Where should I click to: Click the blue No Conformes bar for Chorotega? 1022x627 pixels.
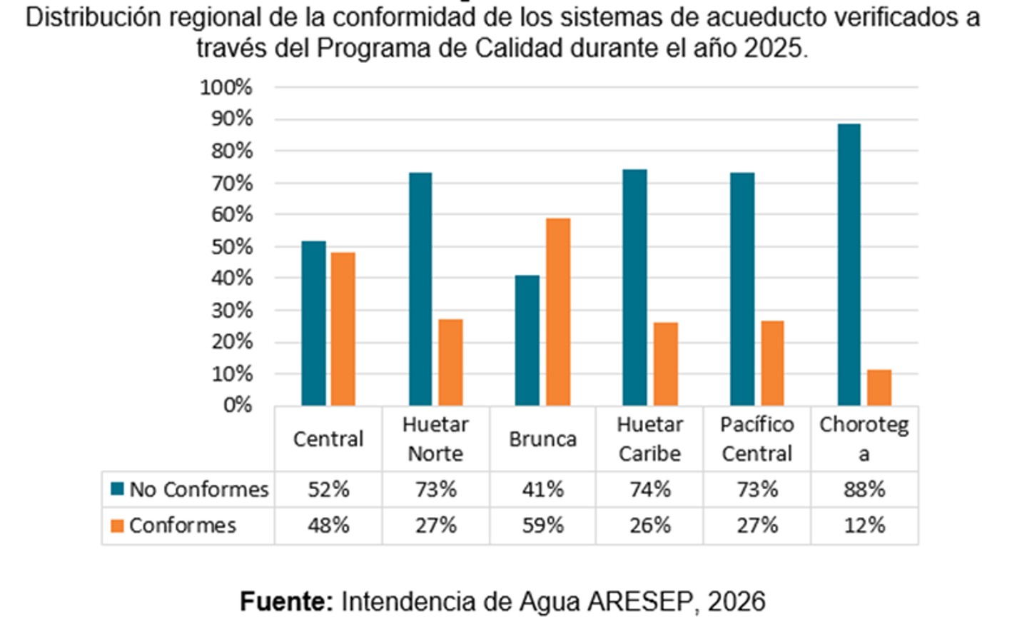[849, 264]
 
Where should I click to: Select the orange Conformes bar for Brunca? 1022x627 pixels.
[558, 312]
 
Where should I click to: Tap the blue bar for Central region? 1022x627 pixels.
[313, 323]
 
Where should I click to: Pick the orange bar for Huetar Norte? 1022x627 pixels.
[450, 362]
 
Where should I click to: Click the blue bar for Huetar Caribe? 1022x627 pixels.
[634, 287]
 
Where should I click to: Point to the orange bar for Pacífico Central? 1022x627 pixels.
[772, 363]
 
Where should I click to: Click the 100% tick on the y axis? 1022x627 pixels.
[226, 88]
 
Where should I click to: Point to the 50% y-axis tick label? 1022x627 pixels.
[231, 247]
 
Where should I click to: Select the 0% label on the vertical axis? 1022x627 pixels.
[237, 406]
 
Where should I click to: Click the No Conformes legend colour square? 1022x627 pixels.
[117, 489]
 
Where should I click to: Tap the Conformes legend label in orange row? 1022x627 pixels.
[182, 526]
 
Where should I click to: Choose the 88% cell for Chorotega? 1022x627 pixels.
[864, 489]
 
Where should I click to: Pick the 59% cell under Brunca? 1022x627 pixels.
[542, 526]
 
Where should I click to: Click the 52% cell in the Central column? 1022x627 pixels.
[328, 489]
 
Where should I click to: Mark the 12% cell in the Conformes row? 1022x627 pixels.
[864, 526]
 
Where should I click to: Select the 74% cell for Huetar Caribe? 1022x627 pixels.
[649, 489]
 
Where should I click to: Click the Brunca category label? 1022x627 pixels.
[542, 438]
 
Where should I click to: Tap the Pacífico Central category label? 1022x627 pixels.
[757, 438]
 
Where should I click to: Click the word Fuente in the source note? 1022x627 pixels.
[286, 601]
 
